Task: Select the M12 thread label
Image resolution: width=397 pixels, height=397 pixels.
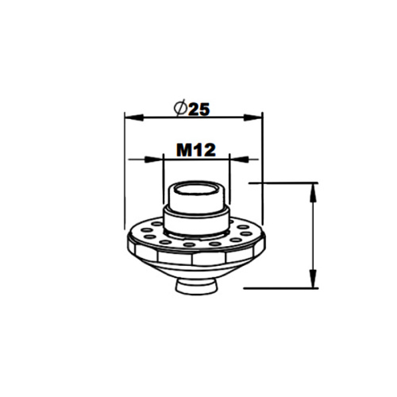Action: tap(195, 148)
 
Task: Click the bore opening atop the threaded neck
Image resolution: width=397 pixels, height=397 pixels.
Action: tap(195, 191)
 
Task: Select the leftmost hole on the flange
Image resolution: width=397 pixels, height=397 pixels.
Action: tap(137, 235)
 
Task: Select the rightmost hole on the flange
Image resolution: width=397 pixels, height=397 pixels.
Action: tap(252, 235)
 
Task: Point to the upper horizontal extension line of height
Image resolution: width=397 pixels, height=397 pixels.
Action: tap(286, 183)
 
